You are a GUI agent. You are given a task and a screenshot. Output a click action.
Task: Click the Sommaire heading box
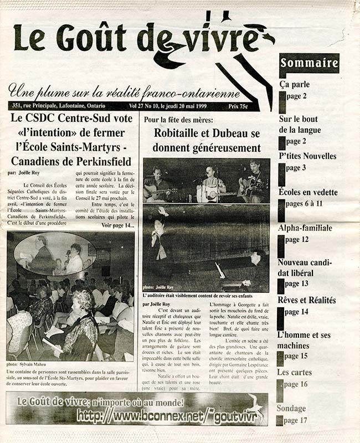coord(309,63)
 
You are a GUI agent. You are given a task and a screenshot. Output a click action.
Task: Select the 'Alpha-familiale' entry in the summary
coord(305,228)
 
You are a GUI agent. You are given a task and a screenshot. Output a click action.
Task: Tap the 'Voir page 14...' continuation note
coord(117,226)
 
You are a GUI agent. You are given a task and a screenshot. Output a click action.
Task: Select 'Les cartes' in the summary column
coord(294,372)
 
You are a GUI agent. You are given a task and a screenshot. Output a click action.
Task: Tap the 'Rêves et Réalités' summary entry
coord(306,300)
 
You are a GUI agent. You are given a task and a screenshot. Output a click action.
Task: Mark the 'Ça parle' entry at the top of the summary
coord(294,85)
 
